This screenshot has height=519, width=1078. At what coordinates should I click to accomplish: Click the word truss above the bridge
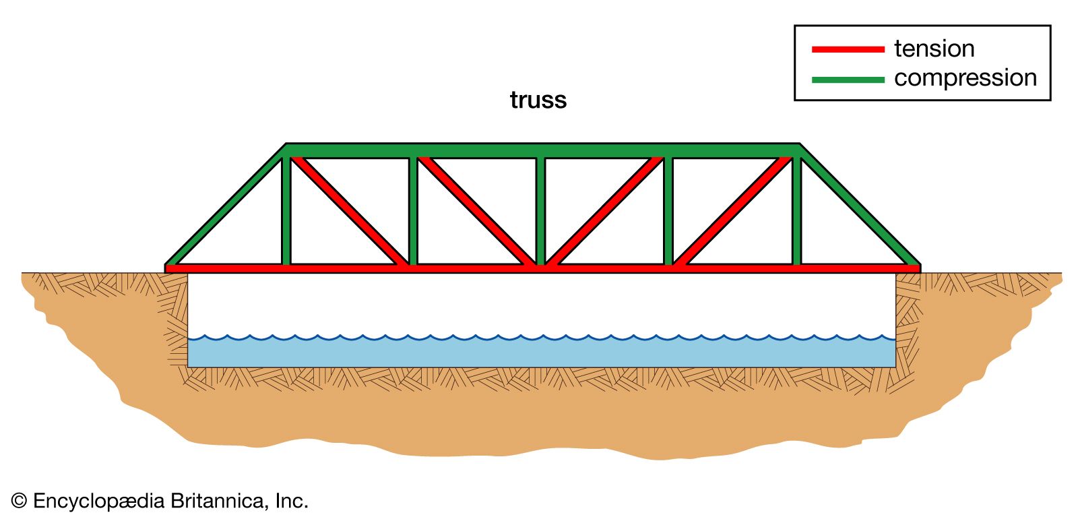(538, 100)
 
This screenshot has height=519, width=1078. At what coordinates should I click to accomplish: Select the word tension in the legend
(934, 49)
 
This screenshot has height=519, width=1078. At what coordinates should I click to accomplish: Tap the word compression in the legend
(965, 78)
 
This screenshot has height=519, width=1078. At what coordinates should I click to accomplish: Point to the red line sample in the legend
(848, 49)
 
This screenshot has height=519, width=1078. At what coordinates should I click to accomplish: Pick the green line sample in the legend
(848, 80)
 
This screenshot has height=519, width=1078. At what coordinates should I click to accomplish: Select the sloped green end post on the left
(226, 205)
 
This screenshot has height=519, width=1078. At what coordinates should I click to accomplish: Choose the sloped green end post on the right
(860, 205)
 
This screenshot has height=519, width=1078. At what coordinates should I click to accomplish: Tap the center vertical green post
(540, 209)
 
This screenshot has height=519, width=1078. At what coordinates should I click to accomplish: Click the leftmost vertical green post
(286, 209)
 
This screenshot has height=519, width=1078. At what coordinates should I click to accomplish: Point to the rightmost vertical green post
(796, 209)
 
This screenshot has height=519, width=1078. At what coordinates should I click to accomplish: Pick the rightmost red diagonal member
(733, 211)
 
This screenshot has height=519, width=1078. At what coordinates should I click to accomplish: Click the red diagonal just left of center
(477, 211)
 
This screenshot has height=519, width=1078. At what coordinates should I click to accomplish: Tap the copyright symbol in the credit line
(19, 501)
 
